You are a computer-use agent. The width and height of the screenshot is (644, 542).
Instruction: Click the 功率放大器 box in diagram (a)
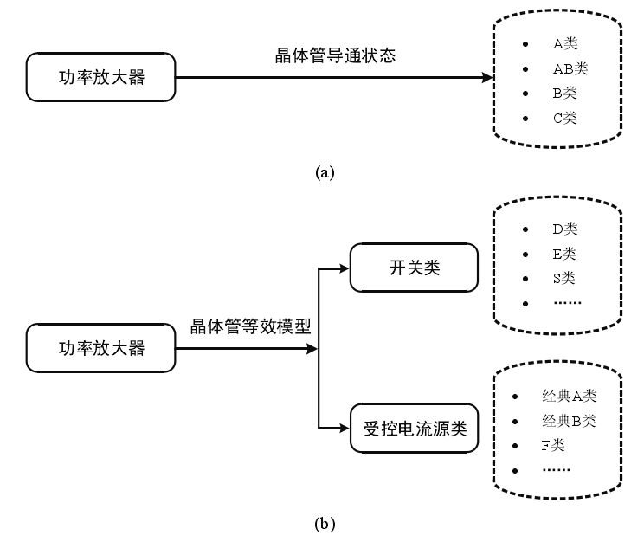point(101,78)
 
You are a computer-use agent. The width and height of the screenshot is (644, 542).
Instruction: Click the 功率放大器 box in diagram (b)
point(101,350)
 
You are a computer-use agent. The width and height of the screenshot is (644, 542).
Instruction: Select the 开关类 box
point(414,268)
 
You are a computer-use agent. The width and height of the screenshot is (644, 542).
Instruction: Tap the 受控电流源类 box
point(414,428)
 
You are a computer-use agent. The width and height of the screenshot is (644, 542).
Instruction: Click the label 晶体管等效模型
point(251,328)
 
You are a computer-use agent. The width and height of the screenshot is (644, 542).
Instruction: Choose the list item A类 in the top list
point(564,42)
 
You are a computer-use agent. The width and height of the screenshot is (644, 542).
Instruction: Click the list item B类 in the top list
point(564,93)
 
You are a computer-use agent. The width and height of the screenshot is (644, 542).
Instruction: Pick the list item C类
point(564,118)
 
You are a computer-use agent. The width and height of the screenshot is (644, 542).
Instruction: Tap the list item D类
point(564,229)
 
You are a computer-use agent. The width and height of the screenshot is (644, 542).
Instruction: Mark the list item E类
point(564,255)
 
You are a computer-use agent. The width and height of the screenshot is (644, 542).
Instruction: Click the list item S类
point(564,279)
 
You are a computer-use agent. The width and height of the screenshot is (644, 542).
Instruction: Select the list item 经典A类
point(569,397)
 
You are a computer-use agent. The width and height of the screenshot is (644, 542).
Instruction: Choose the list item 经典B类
point(569,422)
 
